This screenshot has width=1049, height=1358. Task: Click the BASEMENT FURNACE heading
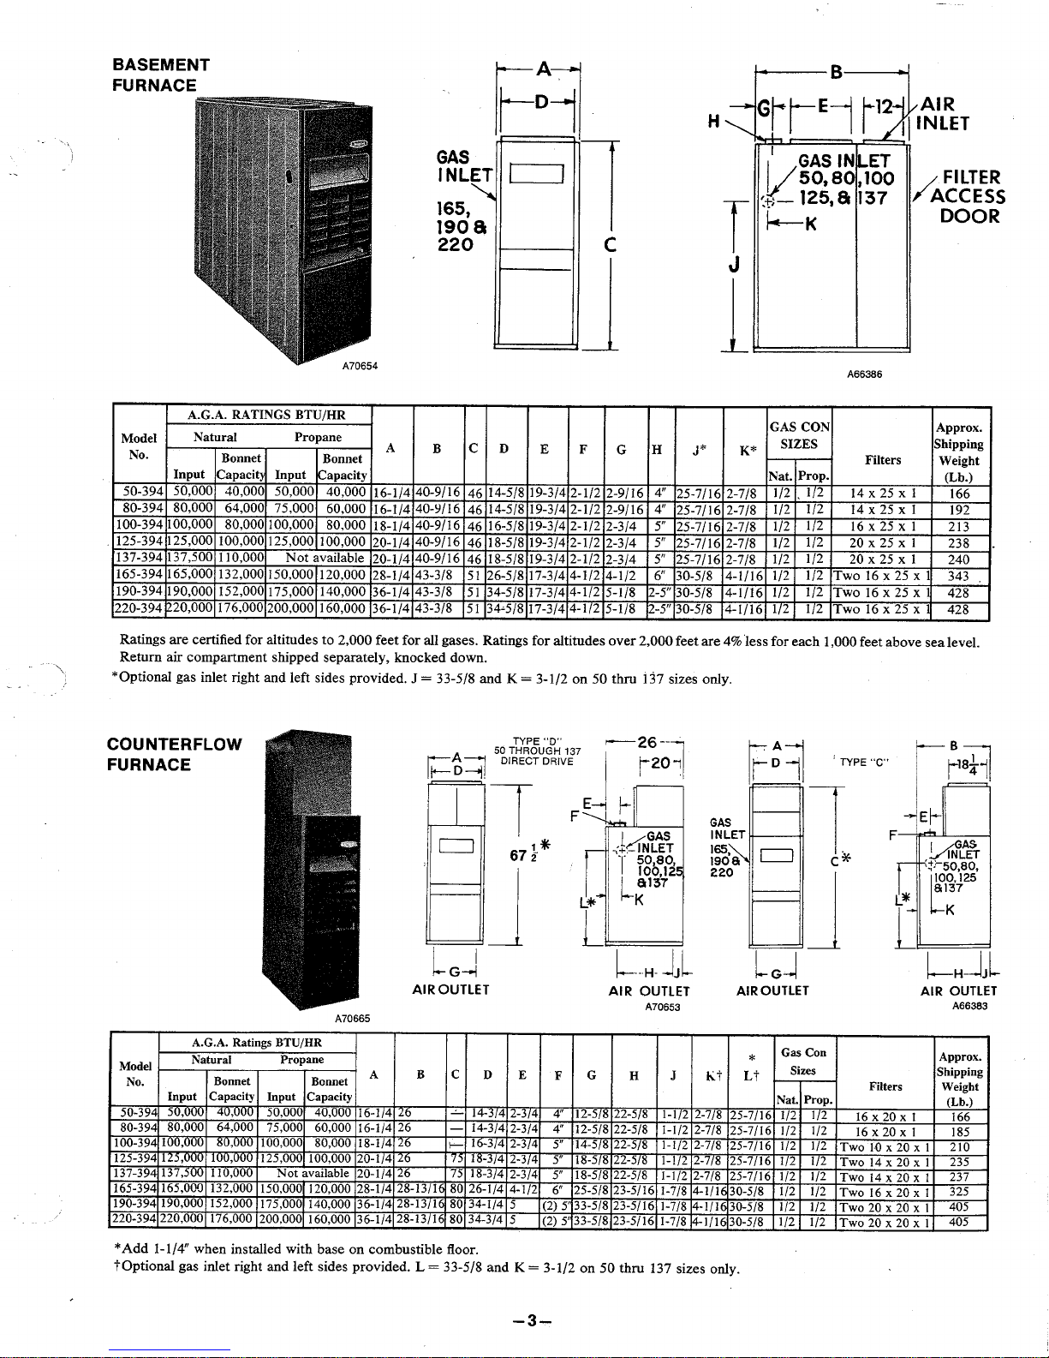point(161,75)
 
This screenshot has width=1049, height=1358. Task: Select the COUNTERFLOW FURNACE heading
point(175,754)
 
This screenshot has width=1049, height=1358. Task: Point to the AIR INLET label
point(942,114)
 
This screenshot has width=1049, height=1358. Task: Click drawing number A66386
point(864,374)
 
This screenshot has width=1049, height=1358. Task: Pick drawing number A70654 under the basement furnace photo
point(360,367)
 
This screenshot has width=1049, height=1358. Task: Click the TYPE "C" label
point(864,762)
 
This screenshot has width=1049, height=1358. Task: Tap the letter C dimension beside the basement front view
point(610,245)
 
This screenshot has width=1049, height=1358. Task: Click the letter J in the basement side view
point(733,266)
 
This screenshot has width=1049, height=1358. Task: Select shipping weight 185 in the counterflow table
point(959,1132)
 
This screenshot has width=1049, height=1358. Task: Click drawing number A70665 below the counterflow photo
point(352,1019)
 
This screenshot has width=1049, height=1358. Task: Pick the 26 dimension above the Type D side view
point(647,742)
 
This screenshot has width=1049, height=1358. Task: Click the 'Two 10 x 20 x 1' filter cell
point(885,1147)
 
